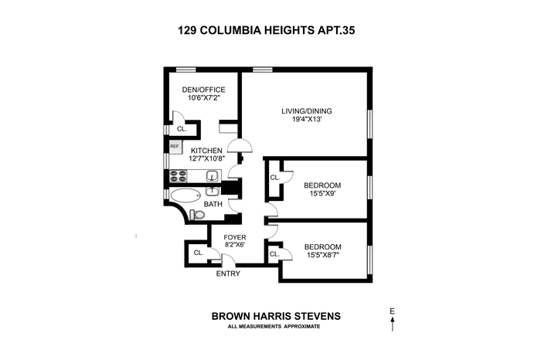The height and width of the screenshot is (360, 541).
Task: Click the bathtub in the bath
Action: click(x=185, y=196)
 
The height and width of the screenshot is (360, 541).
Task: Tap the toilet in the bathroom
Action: click(x=197, y=215)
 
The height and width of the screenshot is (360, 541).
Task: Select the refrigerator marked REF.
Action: click(x=175, y=147)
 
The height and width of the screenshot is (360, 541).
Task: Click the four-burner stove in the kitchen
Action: click(x=179, y=176)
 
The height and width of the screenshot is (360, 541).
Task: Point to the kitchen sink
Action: click(x=213, y=176)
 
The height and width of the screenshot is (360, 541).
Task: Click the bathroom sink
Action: click(x=213, y=191)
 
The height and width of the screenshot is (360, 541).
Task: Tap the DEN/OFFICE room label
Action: click(x=203, y=90)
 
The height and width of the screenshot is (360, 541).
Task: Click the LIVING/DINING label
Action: click(x=307, y=111)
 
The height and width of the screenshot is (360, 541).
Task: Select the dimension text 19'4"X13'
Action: click(x=307, y=119)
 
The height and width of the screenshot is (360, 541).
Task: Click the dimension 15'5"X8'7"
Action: click(x=322, y=255)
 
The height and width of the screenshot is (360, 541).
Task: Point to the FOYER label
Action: click(x=235, y=237)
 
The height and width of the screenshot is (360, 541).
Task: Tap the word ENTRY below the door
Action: click(x=228, y=273)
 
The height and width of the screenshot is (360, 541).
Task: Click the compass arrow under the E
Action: click(x=393, y=324)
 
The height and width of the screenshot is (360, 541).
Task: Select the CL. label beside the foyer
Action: click(x=199, y=253)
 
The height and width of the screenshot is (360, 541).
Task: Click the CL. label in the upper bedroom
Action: click(x=275, y=178)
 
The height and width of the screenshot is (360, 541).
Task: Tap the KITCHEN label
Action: click(x=206, y=151)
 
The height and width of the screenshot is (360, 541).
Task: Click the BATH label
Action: click(x=213, y=204)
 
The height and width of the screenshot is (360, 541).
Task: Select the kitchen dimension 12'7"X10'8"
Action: click(x=206, y=158)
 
